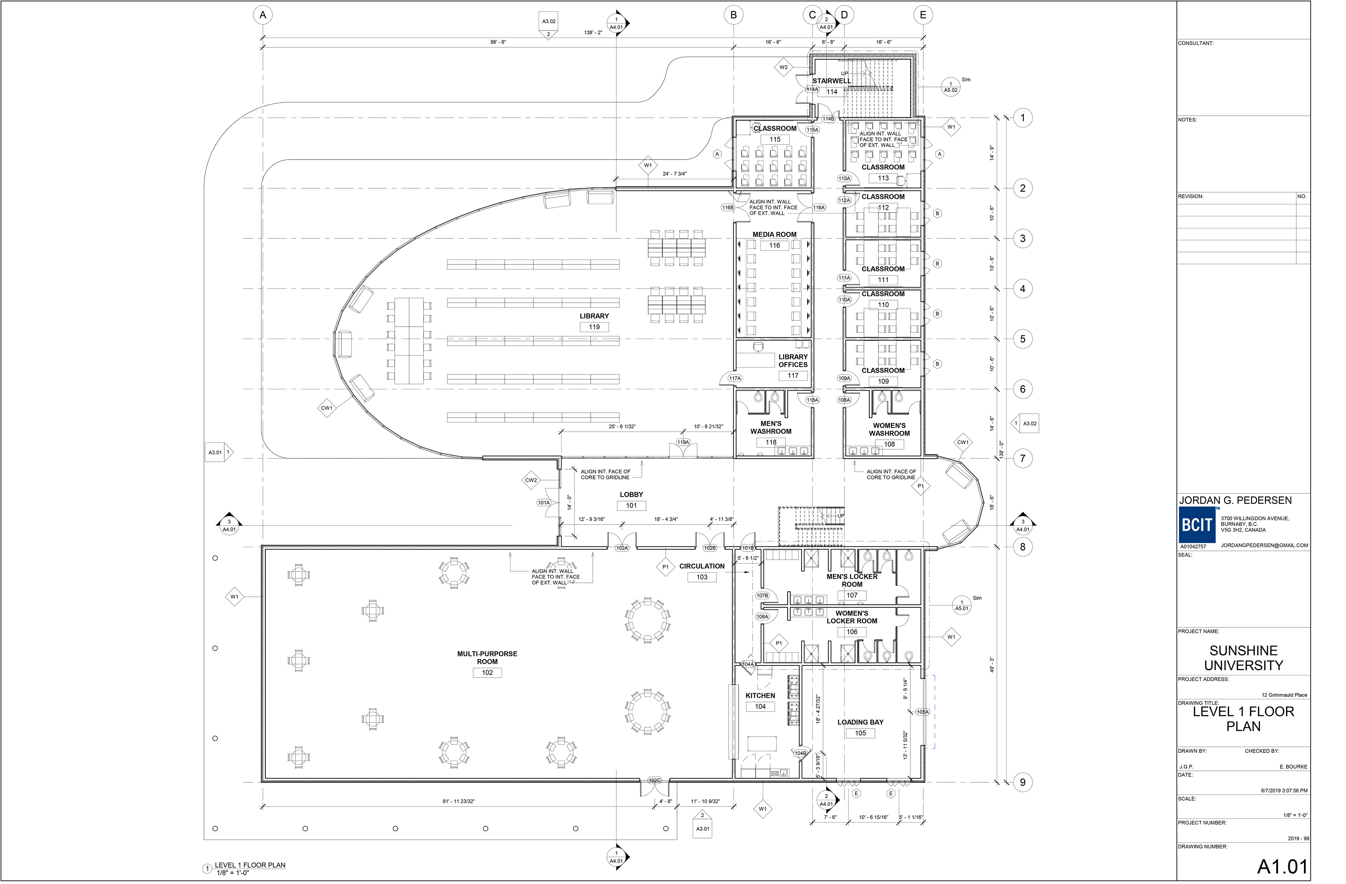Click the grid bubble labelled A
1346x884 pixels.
pos(263,15)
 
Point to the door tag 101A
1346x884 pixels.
pos(544,502)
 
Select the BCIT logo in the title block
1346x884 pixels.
pos(1197,525)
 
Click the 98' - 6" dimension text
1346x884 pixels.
pos(498,42)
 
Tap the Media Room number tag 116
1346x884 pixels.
pos(774,245)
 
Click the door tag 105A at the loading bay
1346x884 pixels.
pos(923,712)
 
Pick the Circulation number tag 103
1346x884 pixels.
pos(702,577)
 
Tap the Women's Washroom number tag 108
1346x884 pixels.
pos(890,444)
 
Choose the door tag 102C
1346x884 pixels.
pos(654,781)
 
